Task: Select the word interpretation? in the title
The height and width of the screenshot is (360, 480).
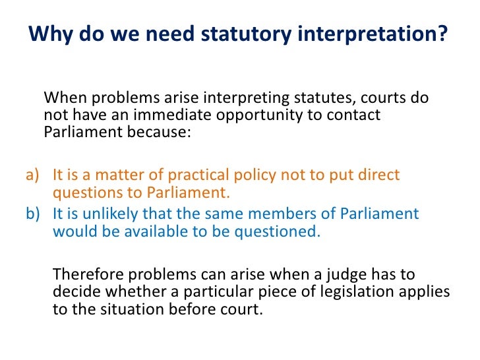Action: [x=369, y=32]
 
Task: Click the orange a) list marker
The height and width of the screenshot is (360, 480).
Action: [x=33, y=176]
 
